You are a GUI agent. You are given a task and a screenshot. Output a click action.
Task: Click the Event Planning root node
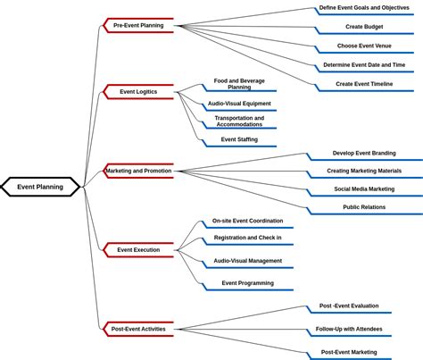click(40, 187)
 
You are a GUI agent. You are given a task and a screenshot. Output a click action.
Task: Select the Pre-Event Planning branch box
click(138, 26)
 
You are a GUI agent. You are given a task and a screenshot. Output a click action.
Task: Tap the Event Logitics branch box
click(138, 91)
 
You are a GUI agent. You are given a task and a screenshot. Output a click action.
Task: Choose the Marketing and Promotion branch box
click(138, 171)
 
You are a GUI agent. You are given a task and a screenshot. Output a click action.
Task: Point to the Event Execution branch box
click(138, 250)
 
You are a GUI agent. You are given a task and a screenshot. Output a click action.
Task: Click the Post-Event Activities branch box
click(138, 329)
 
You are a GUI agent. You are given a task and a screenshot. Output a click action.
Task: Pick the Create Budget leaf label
click(364, 27)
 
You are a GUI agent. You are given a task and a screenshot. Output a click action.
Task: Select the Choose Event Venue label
click(364, 46)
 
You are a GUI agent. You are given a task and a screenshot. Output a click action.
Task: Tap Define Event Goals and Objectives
click(364, 8)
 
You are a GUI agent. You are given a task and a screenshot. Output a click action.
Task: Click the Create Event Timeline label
click(364, 84)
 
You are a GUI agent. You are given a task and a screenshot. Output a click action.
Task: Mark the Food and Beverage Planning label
click(239, 84)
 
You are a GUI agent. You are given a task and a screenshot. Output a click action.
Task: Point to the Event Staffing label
click(239, 139)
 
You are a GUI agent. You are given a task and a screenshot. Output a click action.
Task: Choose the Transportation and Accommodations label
click(239, 121)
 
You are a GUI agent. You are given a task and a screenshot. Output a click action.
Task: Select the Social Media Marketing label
click(364, 188)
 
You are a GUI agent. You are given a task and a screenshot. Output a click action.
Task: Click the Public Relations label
click(364, 207)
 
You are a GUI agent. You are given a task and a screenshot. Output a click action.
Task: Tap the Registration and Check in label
click(247, 238)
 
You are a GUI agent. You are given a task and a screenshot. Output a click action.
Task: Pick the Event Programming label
click(247, 283)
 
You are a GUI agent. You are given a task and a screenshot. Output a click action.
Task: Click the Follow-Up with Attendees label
click(349, 329)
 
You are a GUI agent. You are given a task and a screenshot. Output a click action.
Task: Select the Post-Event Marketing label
click(349, 352)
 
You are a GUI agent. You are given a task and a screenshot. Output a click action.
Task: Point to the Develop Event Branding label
click(364, 153)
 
